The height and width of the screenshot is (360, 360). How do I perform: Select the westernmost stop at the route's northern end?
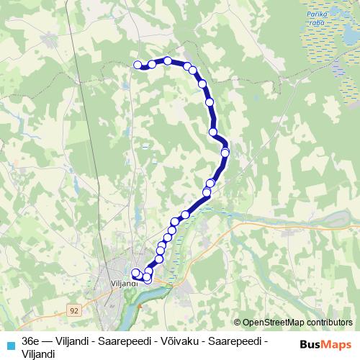coord(138,65)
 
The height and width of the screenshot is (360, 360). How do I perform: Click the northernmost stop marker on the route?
coord(168,60)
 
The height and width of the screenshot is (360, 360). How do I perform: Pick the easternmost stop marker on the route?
coord(225,152)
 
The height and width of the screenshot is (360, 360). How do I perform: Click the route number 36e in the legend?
coord(30,341)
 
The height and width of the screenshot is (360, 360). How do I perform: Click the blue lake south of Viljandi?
coord(130,312)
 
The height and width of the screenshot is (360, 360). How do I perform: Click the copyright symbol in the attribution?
coord(238,322)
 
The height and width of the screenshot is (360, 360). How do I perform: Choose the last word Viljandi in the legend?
coord(38,353)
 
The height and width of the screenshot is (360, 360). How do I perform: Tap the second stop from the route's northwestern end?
coord(152,64)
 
